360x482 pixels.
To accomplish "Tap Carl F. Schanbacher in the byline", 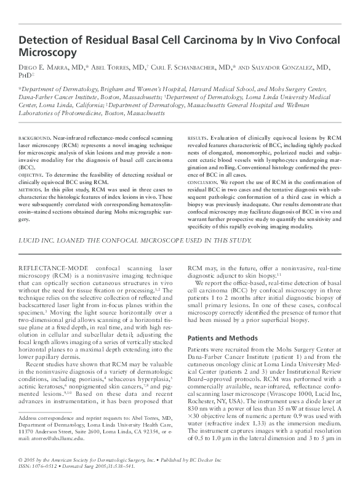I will pos(184,66).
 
